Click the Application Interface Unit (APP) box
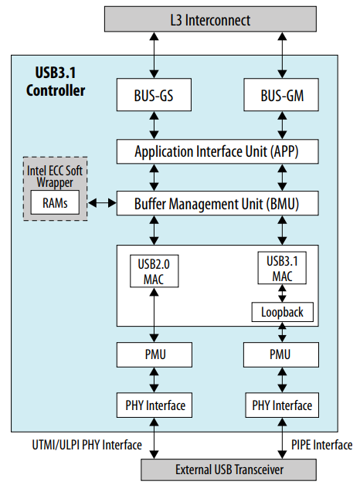coord(217,151)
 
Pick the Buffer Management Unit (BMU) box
coord(217,204)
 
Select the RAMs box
coord(51,203)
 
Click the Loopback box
coord(282,312)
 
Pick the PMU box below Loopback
coord(282,356)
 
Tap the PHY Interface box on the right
coord(282,405)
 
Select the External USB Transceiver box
coord(219,468)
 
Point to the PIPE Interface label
coord(321,445)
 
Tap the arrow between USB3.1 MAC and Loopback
coord(282,293)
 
